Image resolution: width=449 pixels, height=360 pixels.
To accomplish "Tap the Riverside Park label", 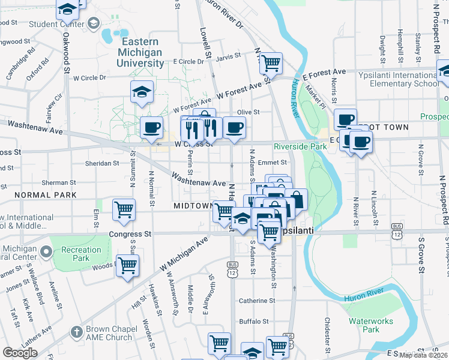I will point(300,146).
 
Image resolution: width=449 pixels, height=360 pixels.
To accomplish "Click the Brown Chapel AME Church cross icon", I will point(76,331).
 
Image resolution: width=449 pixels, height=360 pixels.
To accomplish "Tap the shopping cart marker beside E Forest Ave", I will point(271,62).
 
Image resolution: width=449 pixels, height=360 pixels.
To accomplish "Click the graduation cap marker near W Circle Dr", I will point(142,92).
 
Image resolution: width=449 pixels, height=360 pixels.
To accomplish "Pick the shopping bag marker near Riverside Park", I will point(296,199).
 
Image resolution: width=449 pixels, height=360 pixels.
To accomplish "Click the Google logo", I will point(20,353).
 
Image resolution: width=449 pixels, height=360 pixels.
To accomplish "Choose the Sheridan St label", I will point(101,163).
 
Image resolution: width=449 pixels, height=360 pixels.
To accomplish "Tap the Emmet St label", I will point(273,162).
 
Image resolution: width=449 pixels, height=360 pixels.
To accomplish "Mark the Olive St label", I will point(248,112).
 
